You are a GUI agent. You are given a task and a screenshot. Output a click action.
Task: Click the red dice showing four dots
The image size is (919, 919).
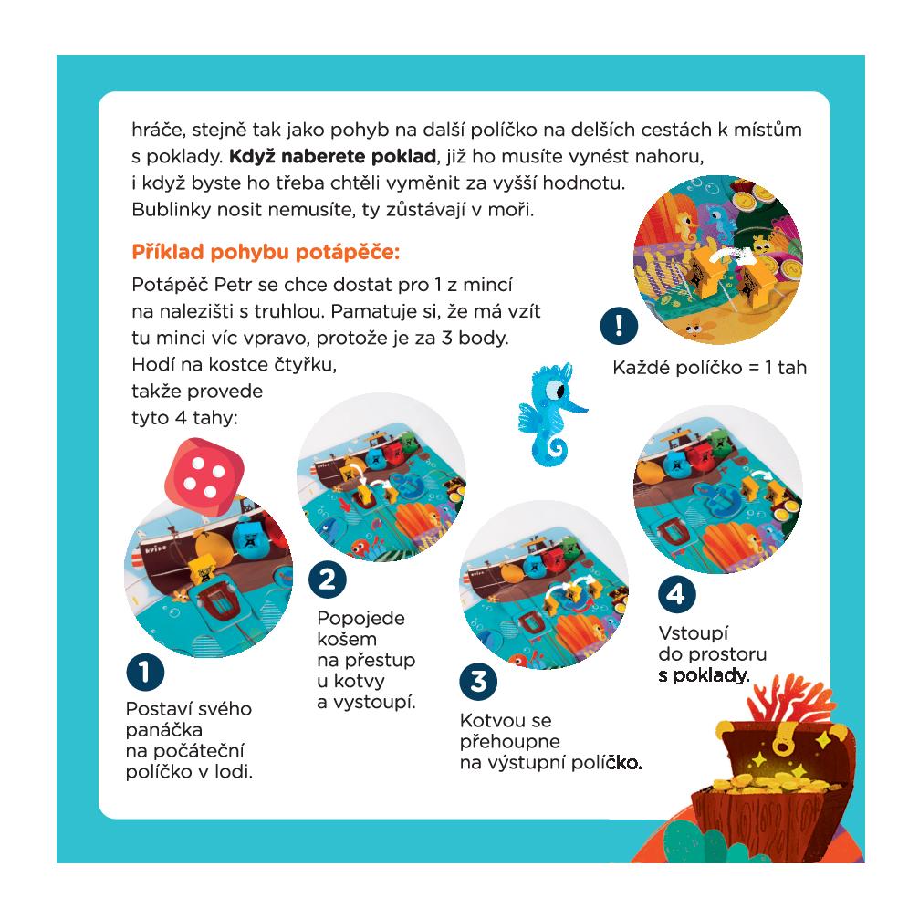[204, 477]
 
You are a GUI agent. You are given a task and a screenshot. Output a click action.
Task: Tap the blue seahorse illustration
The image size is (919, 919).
[551, 413]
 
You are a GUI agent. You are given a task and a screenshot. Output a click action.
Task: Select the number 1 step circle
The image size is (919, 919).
[145, 673]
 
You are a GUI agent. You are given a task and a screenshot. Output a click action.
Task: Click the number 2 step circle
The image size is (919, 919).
[327, 580]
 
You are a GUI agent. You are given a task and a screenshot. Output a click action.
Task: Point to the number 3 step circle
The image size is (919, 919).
[478, 681]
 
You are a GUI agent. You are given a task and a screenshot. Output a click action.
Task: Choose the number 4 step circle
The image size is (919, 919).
[676, 594]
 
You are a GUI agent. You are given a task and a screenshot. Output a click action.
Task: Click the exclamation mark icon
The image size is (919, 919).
[619, 325]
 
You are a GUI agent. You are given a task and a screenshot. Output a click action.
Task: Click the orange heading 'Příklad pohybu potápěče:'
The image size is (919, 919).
[266, 252]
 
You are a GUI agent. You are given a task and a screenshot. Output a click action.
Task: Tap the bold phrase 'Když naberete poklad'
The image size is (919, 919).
[332, 156]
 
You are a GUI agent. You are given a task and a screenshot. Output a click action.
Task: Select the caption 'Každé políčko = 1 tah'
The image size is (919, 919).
[709, 368]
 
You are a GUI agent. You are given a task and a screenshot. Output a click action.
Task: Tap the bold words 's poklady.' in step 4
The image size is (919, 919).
[704, 675]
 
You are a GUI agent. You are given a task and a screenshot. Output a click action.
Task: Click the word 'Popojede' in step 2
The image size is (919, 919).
[360, 619]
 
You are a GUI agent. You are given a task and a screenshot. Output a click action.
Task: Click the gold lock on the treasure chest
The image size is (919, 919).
[780, 745]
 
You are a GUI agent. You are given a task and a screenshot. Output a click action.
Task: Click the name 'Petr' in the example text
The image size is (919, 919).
[232, 284]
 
